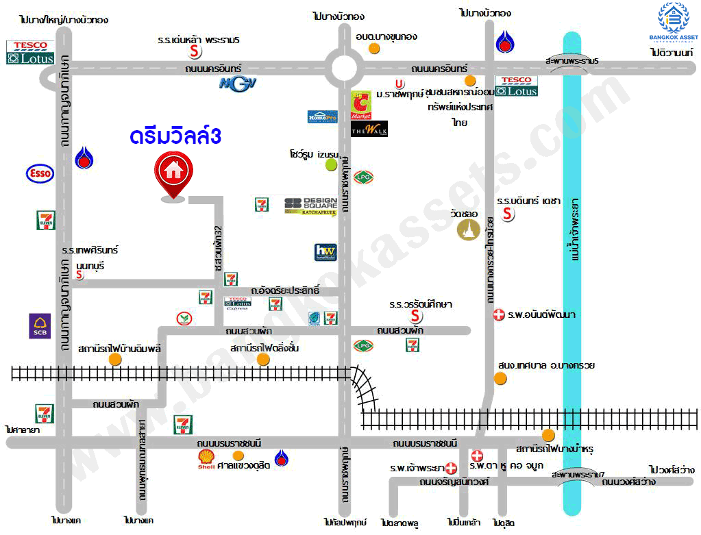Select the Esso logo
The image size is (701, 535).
point(40,173)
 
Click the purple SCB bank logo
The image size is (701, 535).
point(39,326)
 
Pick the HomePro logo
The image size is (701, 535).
point(322,116)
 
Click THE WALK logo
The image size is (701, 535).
point(369,129)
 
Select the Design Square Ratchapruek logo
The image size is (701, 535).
point(310,206)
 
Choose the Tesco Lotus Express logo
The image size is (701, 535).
point(237,302)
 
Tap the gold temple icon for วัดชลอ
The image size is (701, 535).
point(469,230)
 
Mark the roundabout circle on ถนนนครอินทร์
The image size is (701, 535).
point(345,67)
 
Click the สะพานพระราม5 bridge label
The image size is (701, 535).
point(572,61)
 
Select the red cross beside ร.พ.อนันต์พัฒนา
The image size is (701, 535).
point(499,315)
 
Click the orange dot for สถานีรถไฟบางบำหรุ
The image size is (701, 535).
point(548,435)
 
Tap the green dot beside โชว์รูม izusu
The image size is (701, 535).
point(331,164)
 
